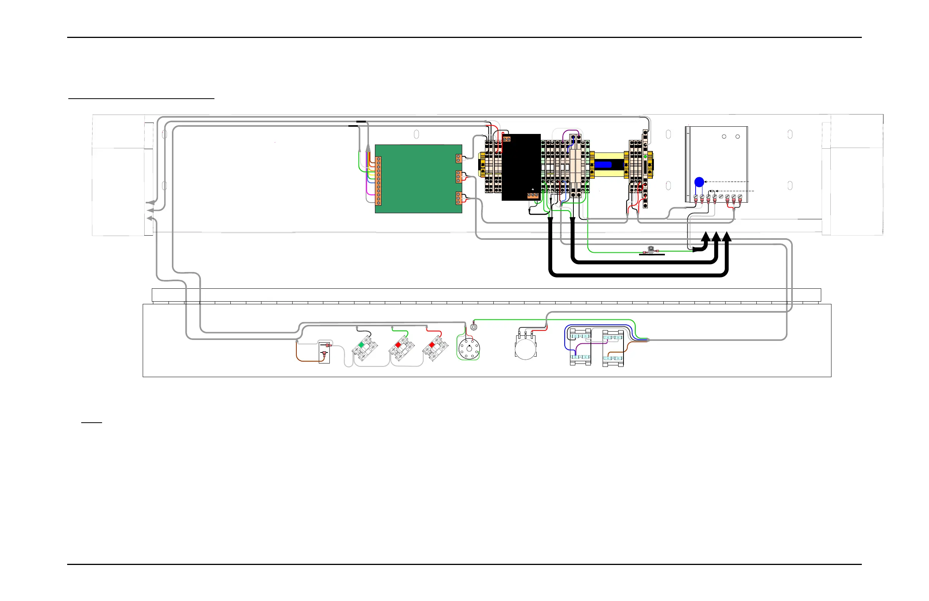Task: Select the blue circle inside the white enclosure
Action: [x=699, y=182]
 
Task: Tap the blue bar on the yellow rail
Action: [x=603, y=165]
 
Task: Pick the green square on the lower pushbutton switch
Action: [x=361, y=345]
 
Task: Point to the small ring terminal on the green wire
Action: [x=474, y=327]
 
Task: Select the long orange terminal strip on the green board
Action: [x=378, y=181]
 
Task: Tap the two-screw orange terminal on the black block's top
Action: [x=507, y=139]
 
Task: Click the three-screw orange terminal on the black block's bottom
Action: [x=533, y=195]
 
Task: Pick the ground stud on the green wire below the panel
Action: [x=651, y=250]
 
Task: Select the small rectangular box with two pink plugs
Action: [x=324, y=352]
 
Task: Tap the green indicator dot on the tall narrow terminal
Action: [x=645, y=156]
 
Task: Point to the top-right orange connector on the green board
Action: [x=459, y=159]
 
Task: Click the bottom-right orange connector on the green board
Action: [x=459, y=198]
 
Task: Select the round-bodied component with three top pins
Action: [x=525, y=347]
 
